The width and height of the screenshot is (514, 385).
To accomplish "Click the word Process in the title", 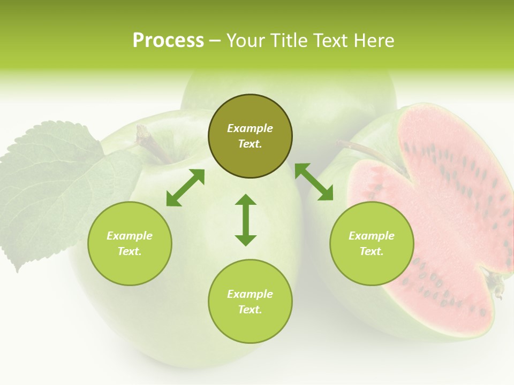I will click(168, 41).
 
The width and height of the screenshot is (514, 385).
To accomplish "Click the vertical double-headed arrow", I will click(246, 220).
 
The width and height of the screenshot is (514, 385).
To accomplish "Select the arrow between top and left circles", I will click(185, 188).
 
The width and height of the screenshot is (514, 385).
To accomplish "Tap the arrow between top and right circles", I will click(314, 182).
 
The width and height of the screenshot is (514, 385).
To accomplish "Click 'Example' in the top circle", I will click(250, 128).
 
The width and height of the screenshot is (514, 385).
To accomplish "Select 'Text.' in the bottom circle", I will click(250, 310).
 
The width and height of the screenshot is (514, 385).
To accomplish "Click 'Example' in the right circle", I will click(372, 236).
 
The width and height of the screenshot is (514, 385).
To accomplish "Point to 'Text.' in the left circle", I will click(130, 251).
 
